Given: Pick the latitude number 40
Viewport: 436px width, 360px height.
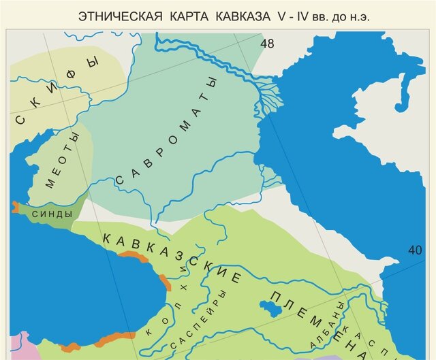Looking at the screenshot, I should point(415,250).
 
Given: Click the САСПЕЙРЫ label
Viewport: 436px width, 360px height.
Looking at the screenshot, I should point(198,322).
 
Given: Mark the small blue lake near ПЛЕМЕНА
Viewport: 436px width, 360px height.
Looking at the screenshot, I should point(272,307).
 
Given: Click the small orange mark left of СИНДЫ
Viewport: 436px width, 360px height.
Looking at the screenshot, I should point(15,206).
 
